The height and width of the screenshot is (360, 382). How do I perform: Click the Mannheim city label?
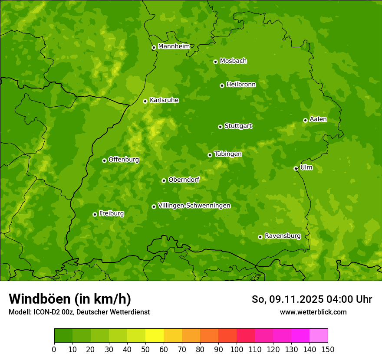coord(174,46)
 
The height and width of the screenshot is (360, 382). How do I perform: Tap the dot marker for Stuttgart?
coord(220,127)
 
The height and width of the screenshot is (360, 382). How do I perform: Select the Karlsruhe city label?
coord(164,100)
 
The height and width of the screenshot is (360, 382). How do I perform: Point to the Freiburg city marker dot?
coord(95,214)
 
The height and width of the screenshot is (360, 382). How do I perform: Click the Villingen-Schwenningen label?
coord(194,206)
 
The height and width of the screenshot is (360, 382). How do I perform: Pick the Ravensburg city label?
coord(282,236)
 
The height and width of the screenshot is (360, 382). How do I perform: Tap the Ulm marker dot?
coord(296,168)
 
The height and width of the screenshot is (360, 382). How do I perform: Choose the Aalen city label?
coord(318,119)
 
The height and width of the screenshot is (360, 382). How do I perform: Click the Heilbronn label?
coord(240,85)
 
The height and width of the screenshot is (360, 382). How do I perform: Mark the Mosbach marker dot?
coord(215,62)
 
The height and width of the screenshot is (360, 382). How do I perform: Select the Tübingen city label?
coord(227,154)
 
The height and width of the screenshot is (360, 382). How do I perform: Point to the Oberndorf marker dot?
coord(164,180)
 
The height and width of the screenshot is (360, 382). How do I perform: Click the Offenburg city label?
coord(123,160)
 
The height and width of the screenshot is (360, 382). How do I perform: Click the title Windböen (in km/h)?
coord(70,299)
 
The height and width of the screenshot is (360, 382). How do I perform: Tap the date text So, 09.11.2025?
coord(287,299)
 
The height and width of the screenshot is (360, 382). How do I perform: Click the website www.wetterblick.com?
coord(313,312)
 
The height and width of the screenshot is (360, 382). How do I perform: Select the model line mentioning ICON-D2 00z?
coord(79,312)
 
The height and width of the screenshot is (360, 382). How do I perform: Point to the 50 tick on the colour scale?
coord(145,349)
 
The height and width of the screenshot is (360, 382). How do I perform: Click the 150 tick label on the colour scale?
coord(328,349)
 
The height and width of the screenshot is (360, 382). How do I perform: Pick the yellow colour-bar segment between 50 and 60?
coord(155,336)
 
